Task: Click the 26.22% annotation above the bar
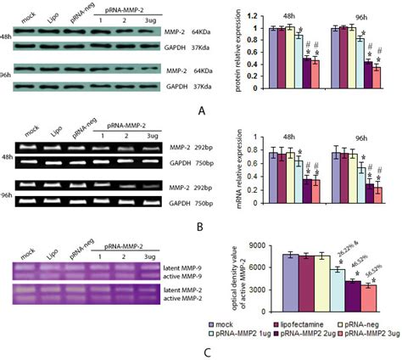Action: tap(340, 256)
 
